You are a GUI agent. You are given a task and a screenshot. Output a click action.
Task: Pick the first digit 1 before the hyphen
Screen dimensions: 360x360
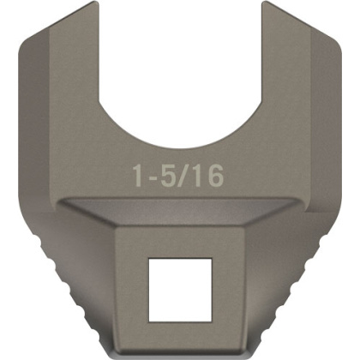(136, 177)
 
